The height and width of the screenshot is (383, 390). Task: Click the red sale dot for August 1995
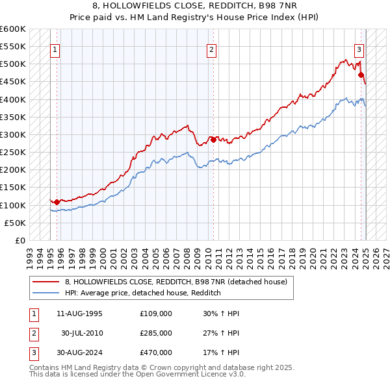click(x=57, y=202)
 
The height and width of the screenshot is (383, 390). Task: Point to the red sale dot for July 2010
click(x=213, y=140)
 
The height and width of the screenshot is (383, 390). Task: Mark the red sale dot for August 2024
click(x=361, y=75)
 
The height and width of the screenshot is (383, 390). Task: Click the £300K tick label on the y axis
click(x=13, y=134)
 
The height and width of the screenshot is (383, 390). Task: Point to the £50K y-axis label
click(x=16, y=223)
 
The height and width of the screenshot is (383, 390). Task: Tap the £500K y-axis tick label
click(x=13, y=64)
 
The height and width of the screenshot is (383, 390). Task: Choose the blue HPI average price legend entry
click(x=143, y=293)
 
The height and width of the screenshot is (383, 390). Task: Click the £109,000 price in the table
click(x=155, y=314)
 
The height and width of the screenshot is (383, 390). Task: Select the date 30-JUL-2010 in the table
click(x=81, y=333)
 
